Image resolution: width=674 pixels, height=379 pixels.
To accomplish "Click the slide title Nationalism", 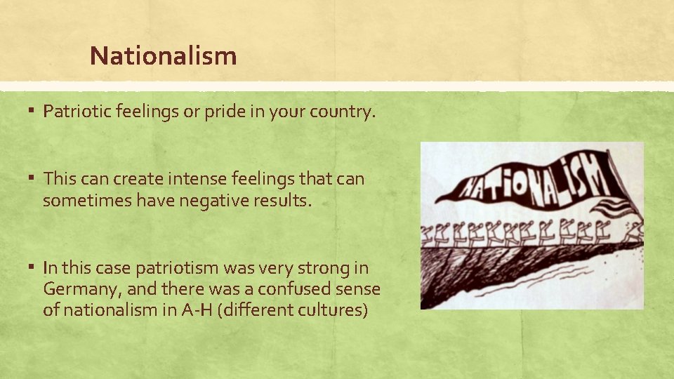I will click(x=163, y=56).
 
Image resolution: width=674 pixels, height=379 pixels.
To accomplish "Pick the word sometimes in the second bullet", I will click(x=77, y=201).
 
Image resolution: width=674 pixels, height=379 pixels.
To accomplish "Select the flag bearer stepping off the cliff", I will click(x=635, y=232).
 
